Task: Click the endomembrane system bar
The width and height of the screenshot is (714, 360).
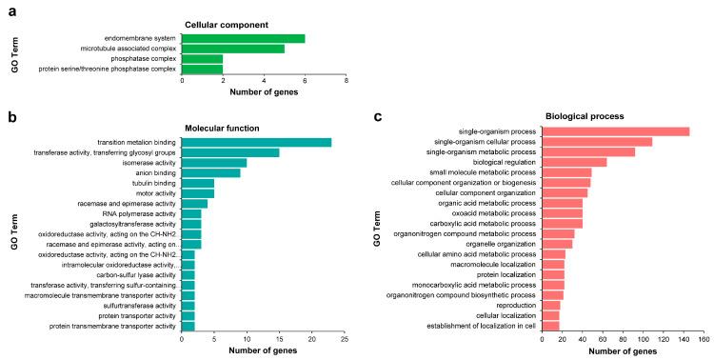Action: click(243, 38)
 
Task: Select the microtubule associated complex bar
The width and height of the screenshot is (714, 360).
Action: click(233, 49)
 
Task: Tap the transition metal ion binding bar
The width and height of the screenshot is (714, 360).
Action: click(256, 143)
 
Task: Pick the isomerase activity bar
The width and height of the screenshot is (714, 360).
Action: click(214, 163)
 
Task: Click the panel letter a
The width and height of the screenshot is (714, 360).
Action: click(9, 9)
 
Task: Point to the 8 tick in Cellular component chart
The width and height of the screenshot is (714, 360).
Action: click(346, 81)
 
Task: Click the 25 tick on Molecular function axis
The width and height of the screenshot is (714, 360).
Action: click(344, 338)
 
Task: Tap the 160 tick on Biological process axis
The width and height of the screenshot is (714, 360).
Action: click(703, 338)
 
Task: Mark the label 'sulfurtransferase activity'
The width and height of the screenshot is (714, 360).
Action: click(132, 306)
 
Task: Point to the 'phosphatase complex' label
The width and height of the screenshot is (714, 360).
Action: click(139, 59)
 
